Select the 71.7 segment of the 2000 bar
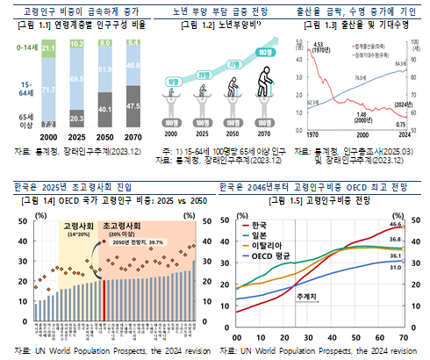[49, 90]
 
